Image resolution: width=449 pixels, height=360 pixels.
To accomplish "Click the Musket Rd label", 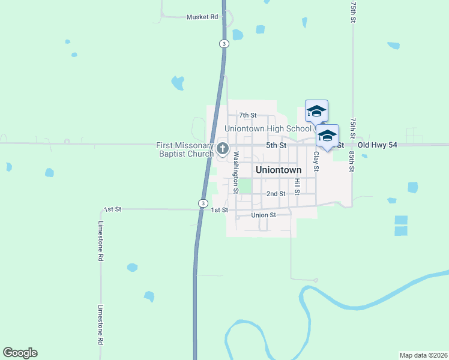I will [x=202, y=17].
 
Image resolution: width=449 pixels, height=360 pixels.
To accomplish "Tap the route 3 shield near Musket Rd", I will [x=223, y=44].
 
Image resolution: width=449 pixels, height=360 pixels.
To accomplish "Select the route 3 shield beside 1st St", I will [x=203, y=204].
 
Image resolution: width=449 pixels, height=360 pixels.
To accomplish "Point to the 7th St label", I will [x=247, y=115].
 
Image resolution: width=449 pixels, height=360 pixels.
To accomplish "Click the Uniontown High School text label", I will [x=268, y=128].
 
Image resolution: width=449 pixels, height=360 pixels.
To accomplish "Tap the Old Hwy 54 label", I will [x=378, y=145].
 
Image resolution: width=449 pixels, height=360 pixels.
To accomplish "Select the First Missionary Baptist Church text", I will [x=185, y=149].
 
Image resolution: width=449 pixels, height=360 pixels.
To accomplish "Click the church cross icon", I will [x=222, y=149].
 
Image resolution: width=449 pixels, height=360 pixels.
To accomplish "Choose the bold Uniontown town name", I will [x=279, y=170].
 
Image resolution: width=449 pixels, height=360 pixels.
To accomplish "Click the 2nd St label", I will [x=276, y=194].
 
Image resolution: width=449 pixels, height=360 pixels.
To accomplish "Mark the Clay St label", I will [x=316, y=160].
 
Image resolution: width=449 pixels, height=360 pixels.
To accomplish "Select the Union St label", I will [x=264, y=215].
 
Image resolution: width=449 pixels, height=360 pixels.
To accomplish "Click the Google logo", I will [x=20, y=353].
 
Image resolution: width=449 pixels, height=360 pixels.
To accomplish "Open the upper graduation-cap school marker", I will [x=316, y=110].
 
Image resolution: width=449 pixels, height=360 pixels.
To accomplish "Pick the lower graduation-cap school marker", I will [x=327, y=135].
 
